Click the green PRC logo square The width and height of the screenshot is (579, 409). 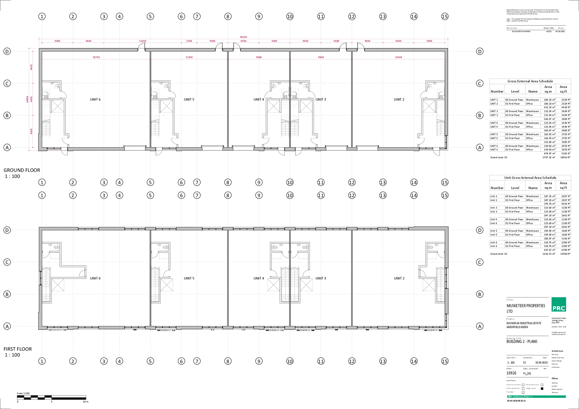coord(558,304)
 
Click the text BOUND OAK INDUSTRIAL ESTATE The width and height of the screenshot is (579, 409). coord(524,323)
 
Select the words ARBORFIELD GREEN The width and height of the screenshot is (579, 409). coord(517,327)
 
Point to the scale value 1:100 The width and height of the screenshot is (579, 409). coord(511,362)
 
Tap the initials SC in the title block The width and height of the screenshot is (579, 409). coord(524,362)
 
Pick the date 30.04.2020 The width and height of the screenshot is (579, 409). coord(541,362)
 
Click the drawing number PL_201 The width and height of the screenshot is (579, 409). coord(527,373)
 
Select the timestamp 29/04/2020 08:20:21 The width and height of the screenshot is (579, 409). coord(516,401)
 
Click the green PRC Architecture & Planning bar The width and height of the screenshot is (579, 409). coord(536,397)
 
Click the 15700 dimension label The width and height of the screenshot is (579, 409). coord(96,57)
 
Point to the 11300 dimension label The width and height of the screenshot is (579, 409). coord(189,57)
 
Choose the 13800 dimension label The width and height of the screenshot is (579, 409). coord(398,57)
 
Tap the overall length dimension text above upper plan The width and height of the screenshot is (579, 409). coord(243,37)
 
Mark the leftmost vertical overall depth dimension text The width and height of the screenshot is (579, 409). coord(27,99)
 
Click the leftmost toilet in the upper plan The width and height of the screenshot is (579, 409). coord(57,85)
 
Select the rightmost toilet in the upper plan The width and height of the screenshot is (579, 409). coord(430,85)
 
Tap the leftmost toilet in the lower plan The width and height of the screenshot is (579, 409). coord(57,247)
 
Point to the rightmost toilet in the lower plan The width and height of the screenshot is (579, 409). coord(430,247)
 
